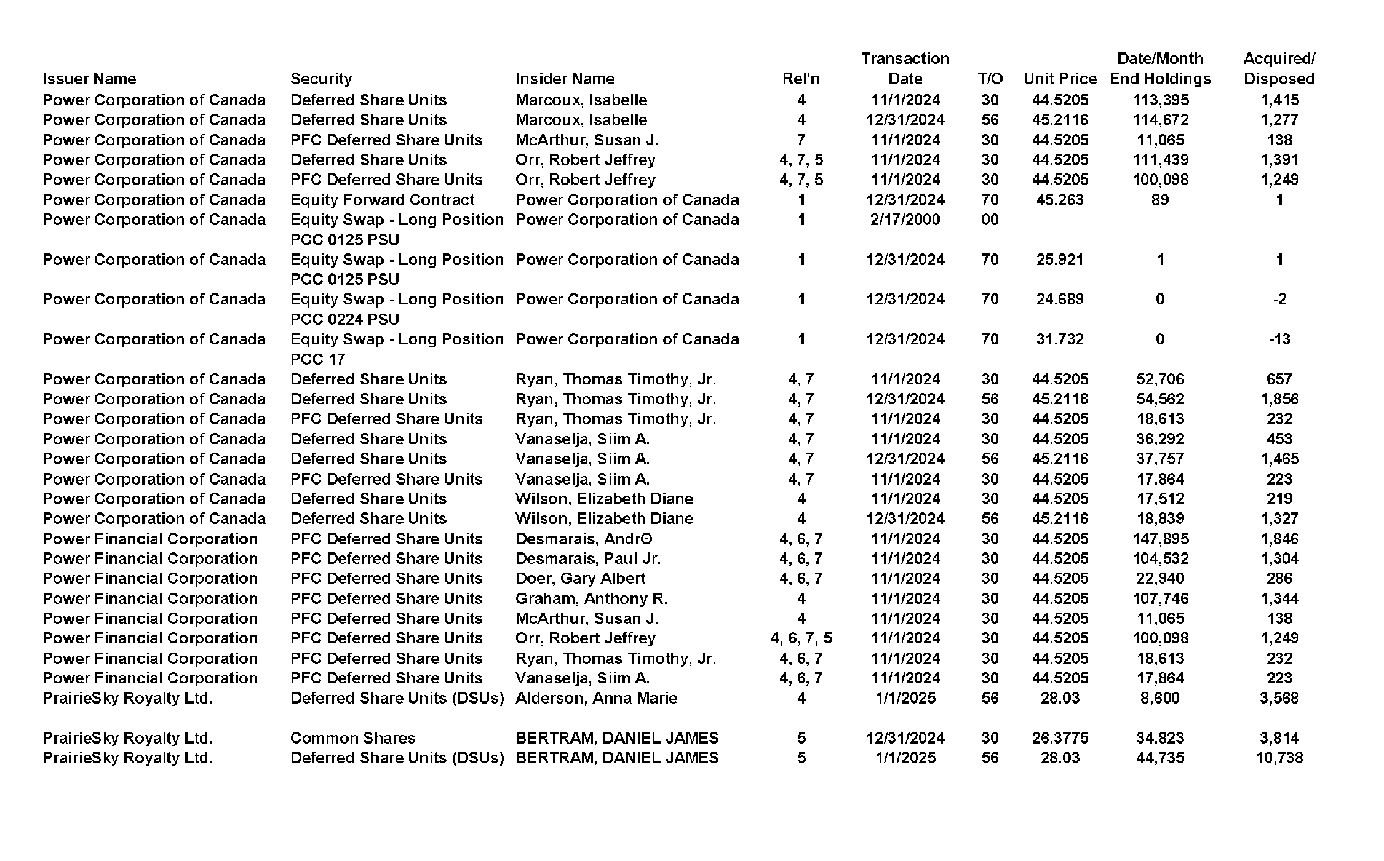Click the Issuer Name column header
click(89, 79)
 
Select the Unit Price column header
click(1060, 79)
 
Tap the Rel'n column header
click(801, 79)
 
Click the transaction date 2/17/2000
click(905, 220)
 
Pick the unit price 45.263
click(1060, 200)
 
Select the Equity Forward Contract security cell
click(382, 200)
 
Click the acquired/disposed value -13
click(1279, 339)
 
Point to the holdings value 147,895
click(1160, 539)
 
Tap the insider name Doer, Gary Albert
click(580, 579)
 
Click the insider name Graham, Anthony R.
click(591, 598)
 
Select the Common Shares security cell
click(352, 738)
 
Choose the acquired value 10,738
click(1279, 758)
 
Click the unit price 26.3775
click(1060, 738)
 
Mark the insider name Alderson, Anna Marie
click(596, 698)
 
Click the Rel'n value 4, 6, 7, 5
click(801, 638)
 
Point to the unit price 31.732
click(1060, 339)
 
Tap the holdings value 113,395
click(1160, 100)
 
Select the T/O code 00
click(990, 220)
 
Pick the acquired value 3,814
click(1279, 738)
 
